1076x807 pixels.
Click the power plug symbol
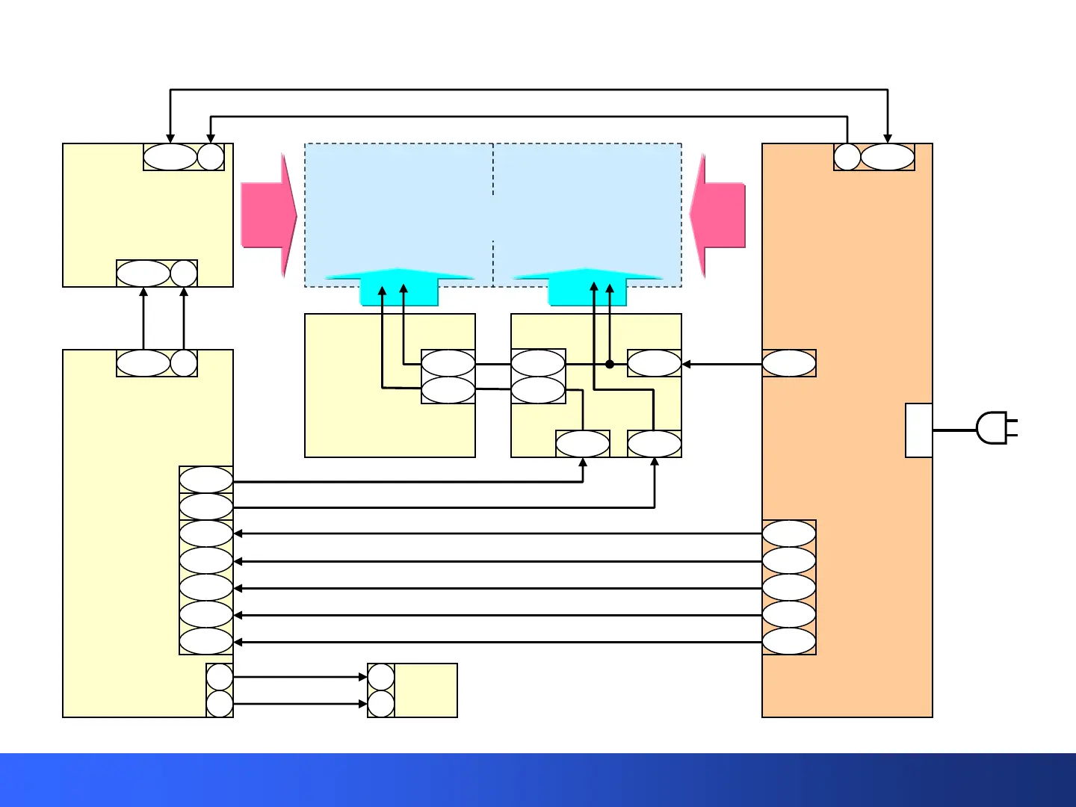994,429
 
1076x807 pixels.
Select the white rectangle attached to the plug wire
918,430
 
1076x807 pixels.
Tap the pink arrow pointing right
268,216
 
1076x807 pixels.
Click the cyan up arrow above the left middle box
399,287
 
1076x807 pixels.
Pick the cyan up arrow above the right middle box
587,287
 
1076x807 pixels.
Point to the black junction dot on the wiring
610,364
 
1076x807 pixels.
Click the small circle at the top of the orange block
847,157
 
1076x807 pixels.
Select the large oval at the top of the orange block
888,157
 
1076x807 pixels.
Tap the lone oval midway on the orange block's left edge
789,364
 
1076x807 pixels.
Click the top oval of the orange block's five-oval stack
789,534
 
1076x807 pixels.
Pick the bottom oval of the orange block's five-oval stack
789,641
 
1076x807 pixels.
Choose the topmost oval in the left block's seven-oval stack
206,480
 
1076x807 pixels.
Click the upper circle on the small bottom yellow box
381,677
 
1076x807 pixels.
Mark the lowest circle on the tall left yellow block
220,704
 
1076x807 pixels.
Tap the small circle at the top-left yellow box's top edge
211,157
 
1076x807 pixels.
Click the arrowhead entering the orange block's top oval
888,138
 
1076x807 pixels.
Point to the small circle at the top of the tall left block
184,363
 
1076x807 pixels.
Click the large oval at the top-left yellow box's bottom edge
143,273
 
